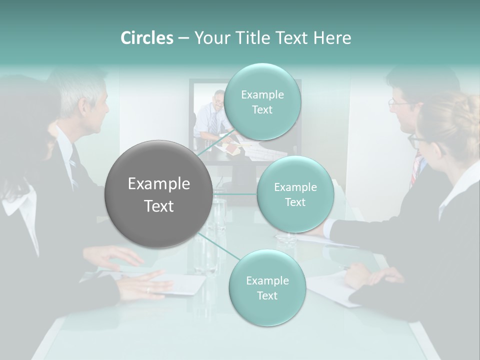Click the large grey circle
[159, 194]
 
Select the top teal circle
[262, 101]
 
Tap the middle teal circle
[295, 194]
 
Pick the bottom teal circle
[267, 287]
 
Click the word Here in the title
[332, 38]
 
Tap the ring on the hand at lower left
[147, 289]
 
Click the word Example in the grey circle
[159, 184]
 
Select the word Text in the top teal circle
[262, 110]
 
